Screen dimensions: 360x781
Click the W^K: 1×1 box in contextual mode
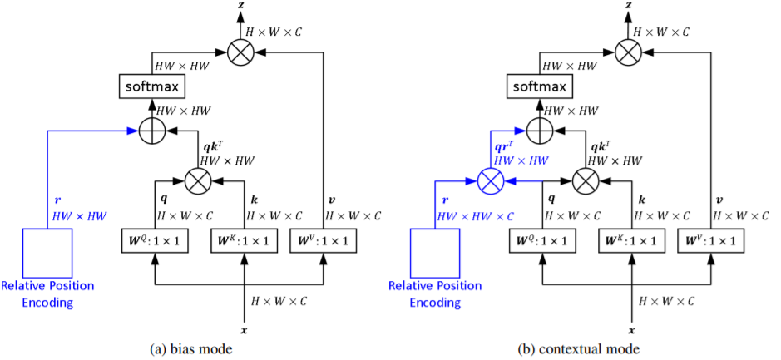(632, 241)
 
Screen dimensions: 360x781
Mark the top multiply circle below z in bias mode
(241, 53)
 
